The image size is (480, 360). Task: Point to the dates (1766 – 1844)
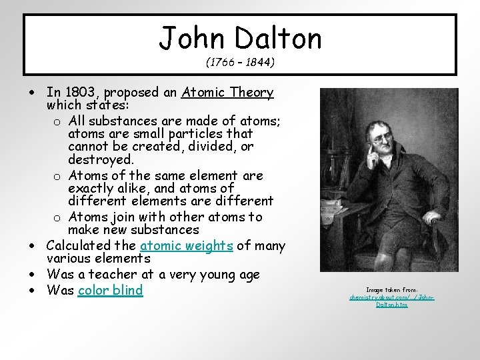(241, 63)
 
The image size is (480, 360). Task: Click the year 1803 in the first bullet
(79, 93)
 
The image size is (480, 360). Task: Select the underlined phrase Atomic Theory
(227, 93)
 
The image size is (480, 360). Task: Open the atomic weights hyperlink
(186, 246)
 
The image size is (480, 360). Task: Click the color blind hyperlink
(110, 290)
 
